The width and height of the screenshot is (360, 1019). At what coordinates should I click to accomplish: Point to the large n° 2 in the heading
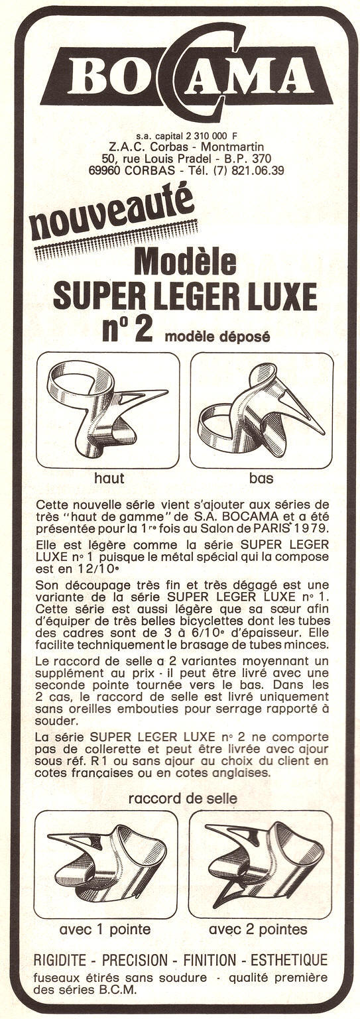click(x=127, y=328)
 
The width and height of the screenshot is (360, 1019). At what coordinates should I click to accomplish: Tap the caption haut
click(x=109, y=477)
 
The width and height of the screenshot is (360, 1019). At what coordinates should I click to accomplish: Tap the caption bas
click(x=261, y=477)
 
